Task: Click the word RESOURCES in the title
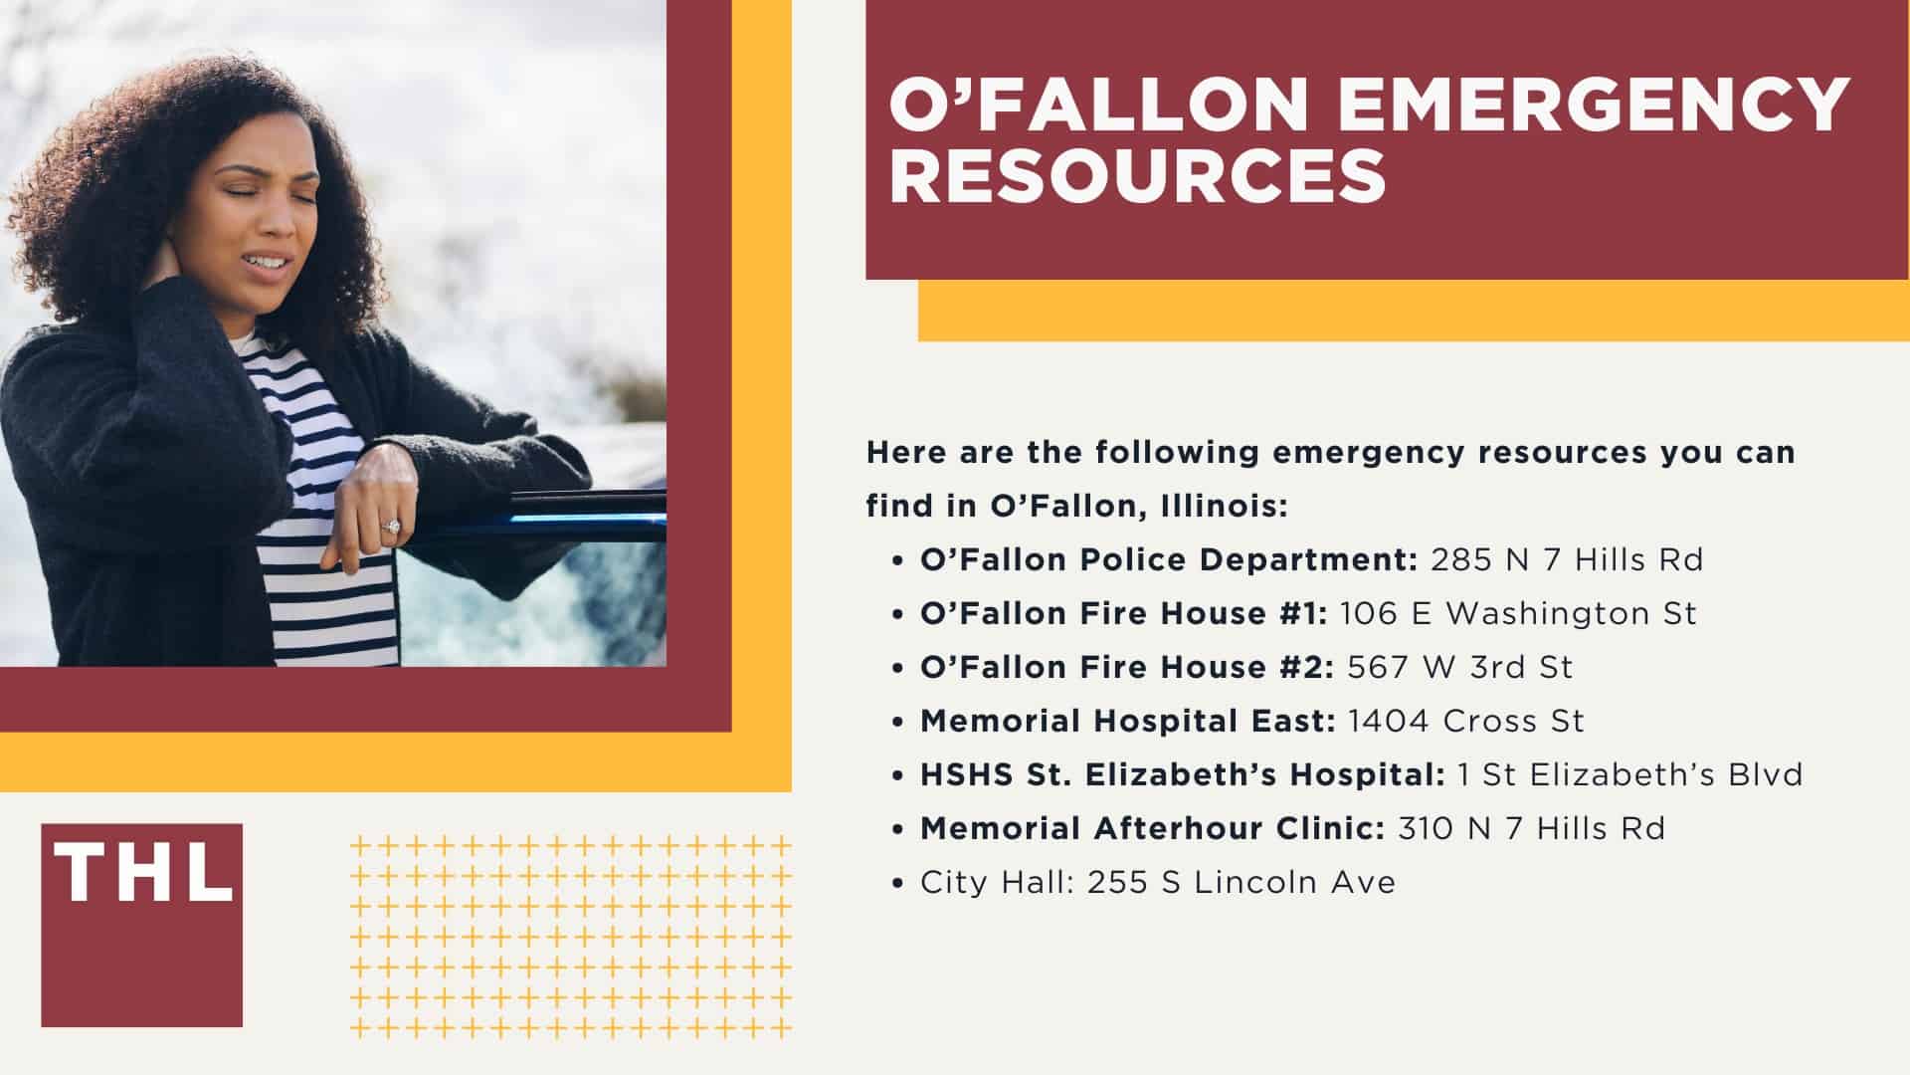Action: (x=1137, y=176)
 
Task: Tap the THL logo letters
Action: (x=142, y=873)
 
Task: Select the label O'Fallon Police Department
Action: (x=1169, y=559)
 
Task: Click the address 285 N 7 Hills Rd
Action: (x=1567, y=559)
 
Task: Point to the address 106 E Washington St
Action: (x=1518, y=613)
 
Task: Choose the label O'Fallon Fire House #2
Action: (x=1127, y=667)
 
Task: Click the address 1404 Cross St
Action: (x=1465, y=721)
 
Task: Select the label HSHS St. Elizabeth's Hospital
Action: (x=1183, y=774)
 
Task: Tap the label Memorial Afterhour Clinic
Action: (x=1152, y=828)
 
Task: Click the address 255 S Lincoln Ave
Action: (x=1241, y=882)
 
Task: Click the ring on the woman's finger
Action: (x=391, y=526)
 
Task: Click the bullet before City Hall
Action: (x=899, y=883)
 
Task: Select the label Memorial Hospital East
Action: (x=1127, y=721)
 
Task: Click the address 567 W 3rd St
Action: (x=1460, y=667)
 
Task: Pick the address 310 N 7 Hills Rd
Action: (x=1531, y=828)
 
